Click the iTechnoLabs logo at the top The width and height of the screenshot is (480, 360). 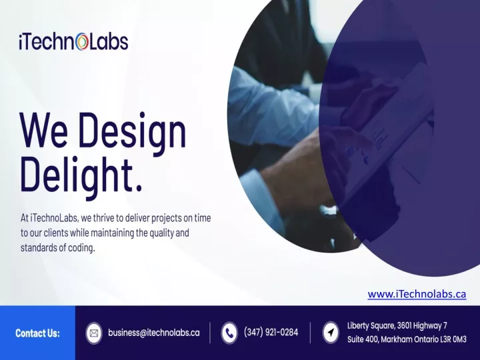[73, 41]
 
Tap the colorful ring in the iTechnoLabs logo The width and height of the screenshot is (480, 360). [82, 42]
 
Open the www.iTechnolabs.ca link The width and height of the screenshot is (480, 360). [417, 294]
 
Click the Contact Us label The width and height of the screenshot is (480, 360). [37, 333]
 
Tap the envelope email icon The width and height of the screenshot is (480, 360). [94, 333]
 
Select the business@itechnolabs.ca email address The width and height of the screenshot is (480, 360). [154, 333]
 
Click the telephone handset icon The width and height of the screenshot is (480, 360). [229, 333]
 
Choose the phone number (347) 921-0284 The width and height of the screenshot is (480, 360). [271, 332]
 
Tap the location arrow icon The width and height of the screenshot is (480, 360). [331, 332]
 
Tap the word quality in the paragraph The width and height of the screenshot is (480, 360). [161, 233]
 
